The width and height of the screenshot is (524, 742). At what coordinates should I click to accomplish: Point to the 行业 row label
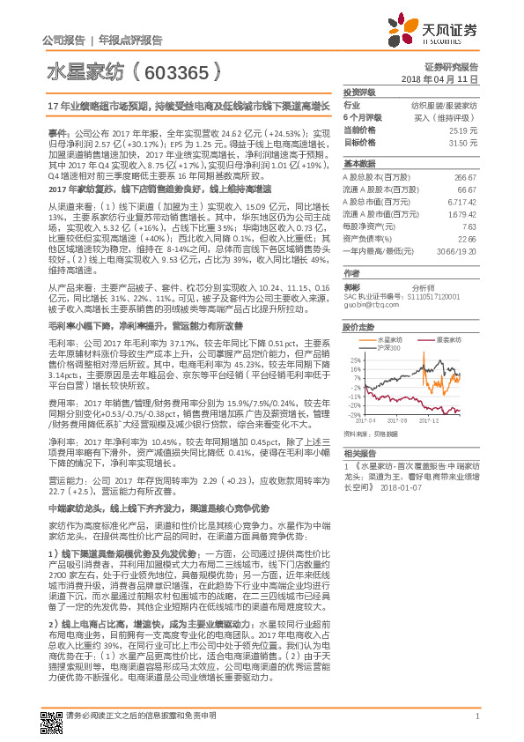[x=351, y=106]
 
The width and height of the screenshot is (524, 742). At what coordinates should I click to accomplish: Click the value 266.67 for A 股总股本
[x=465, y=177]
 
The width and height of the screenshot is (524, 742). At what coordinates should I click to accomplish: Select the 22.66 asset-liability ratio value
[x=467, y=238]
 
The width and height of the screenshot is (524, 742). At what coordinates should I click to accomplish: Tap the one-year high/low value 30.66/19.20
[x=456, y=250]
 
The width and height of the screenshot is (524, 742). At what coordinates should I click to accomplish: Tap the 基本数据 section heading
[x=358, y=164]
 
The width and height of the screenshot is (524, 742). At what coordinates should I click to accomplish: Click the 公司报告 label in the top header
[x=63, y=41]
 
